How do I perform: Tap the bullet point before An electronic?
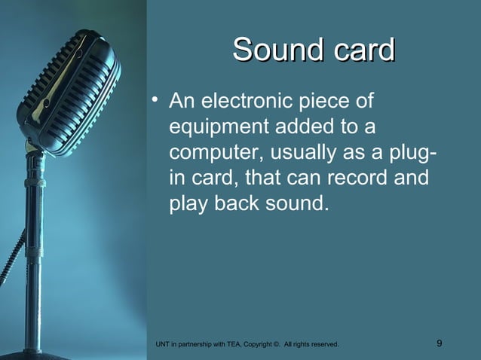click(155, 99)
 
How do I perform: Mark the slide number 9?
click(440, 344)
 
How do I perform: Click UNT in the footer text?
click(161, 345)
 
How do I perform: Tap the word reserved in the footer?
click(323, 345)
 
